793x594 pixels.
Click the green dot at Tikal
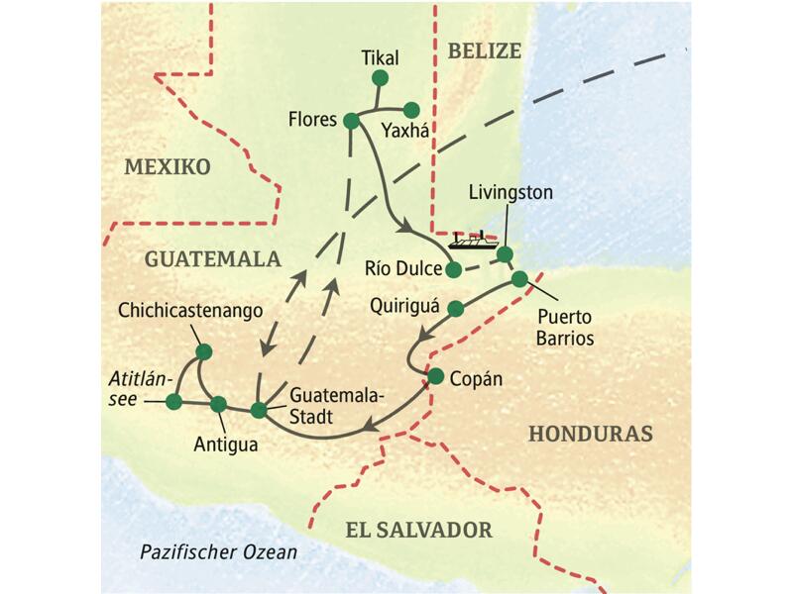click(x=380, y=78)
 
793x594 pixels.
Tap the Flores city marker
click(x=351, y=121)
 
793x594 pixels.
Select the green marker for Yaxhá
click(x=411, y=110)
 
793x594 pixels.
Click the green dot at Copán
click(x=435, y=375)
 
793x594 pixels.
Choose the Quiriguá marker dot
click(x=456, y=308)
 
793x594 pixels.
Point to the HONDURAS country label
click(x=591, y=434)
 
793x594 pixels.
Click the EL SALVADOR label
click(x=418, y=530)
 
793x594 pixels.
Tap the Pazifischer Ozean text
click(x=218, y=551)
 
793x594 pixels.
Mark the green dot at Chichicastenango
click(x=204, y=351)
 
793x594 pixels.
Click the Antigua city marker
click(x=219, y=404)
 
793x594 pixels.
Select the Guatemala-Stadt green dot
click(x=259, y=410)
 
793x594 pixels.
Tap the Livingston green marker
click(x=505, y=254)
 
